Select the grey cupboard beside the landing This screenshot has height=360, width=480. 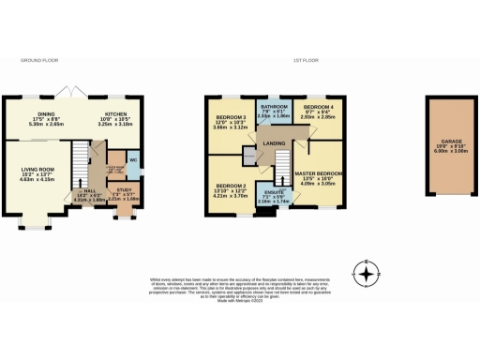pyautogui.click(x=248, y=156)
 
